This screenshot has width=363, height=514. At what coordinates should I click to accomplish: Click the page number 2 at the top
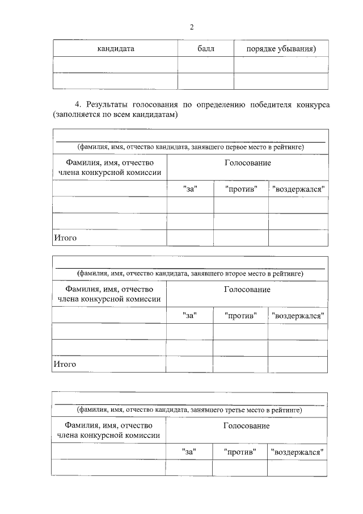(192, 27)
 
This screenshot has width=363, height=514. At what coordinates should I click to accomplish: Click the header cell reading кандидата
(115, 48)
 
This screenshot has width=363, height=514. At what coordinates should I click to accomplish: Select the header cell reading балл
(206, 48)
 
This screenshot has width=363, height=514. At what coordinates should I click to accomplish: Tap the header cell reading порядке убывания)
(281, 48)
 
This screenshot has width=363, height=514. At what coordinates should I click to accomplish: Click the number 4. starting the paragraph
(79, 105)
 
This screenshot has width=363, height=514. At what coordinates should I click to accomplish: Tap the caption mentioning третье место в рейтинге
(189, 409)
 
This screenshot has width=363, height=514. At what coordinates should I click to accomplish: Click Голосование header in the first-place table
(247, 163)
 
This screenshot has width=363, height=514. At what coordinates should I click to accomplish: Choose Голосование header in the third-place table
(246, 425)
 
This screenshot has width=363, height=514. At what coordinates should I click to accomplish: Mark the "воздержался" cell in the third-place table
(297, 452)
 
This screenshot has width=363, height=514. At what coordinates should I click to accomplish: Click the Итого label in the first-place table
(65, 237)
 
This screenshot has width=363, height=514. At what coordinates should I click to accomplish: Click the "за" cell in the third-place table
(188, 452)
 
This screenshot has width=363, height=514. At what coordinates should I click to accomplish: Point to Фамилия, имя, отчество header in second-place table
(109, 294)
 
